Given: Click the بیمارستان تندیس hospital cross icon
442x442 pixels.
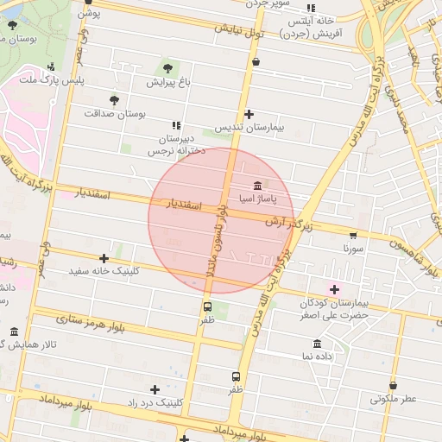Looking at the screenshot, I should click(x=249, y=114).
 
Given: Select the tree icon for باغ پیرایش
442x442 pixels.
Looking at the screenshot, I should click(x=167, y=68).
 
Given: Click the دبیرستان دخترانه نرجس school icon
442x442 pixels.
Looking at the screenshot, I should click(x=177, y=125).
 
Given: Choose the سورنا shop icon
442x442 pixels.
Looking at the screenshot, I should click(x=352, y=235).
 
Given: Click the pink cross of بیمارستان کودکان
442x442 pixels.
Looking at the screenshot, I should click(x=334, y=289).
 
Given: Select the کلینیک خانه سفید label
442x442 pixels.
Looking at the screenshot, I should click(x=104, y=271).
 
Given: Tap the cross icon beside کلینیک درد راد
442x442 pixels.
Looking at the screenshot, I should click(x=155, y=389).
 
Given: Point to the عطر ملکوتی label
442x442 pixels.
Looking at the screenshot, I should click(x=394, y=399).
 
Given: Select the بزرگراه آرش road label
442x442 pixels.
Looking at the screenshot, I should click(x=286, y=222).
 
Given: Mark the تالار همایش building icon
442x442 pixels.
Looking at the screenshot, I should click(x=13, y=332).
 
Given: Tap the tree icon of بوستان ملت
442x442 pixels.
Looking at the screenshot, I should click(x=12, y=25).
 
